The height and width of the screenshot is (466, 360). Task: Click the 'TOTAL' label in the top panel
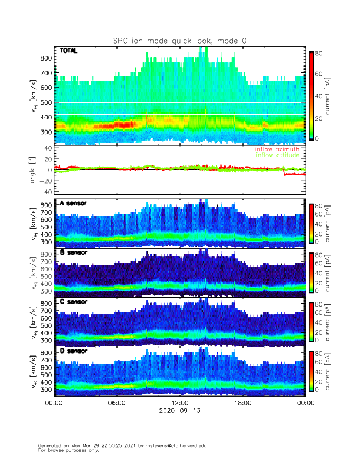tap(68, 51)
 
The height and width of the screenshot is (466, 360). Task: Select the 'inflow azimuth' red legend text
tap(277, 149)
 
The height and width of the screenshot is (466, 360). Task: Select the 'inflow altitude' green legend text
tap(278, 155)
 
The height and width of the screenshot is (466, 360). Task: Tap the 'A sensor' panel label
tap(72, 204)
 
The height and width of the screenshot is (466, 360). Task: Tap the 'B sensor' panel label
tap(72, 253)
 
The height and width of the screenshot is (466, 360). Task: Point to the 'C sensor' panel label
tap(72, 302)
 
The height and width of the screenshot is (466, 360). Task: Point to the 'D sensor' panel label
tap(72, 352)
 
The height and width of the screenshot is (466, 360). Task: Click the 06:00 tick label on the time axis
tap(116, 403)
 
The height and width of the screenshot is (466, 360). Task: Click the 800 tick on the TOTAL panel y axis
tap(46, 58)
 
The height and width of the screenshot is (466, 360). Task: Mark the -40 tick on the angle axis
tap(44, 192)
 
